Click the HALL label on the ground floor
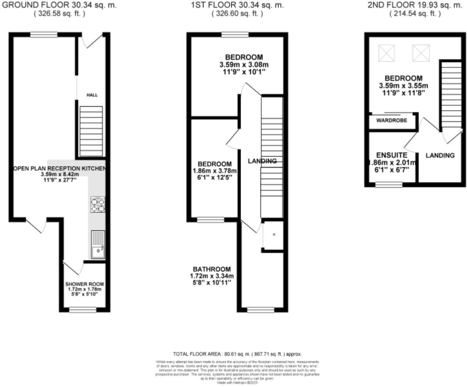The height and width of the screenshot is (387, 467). pos(92,95)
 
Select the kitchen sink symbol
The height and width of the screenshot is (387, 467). pos(98,244)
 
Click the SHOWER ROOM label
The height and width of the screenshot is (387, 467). pos(85,284)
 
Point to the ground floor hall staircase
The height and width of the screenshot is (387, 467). pos(91,131)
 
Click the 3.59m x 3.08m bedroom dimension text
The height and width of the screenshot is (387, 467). pos(244,64)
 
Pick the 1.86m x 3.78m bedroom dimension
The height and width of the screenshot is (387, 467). pos(215,171)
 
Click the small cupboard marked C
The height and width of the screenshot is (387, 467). pos(274,234)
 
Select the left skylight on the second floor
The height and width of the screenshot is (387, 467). pos(386,53)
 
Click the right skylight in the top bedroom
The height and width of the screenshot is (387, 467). pos(421,53)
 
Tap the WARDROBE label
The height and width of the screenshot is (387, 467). pos(392,120)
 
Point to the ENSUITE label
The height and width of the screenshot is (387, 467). pos(392,155)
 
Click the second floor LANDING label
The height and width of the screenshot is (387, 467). pos(440,155)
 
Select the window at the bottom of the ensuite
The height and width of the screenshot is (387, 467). pos(389,184)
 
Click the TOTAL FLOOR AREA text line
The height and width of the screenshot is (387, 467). pos(237,354)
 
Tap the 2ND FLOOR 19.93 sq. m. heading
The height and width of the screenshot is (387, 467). pos(415,5)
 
